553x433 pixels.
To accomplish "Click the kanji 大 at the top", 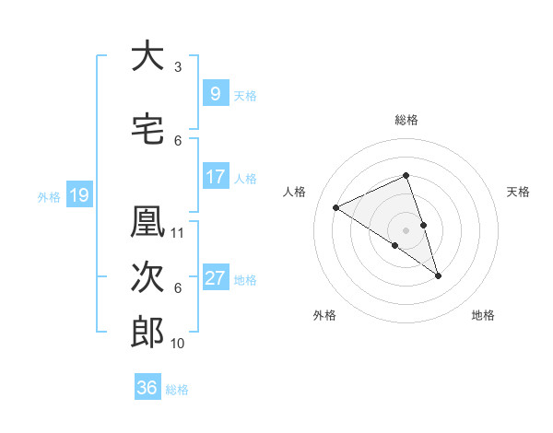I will [147, 56].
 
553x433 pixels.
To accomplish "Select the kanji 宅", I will [147, 128].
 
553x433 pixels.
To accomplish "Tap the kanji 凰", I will [147, 222].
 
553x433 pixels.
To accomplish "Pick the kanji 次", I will [147, 277].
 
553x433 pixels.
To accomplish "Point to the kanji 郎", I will [147, 332].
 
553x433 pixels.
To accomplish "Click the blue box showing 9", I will [215, 93].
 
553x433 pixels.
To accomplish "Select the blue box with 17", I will [215, 177].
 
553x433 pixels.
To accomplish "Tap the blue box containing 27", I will [215, 278].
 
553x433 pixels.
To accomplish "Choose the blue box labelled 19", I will [78, 195].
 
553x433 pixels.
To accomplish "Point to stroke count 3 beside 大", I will [178, 67].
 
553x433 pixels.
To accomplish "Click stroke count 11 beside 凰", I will [178, 232].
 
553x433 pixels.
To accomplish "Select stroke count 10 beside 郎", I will [178, 343].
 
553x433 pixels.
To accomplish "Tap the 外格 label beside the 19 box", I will [49, 196].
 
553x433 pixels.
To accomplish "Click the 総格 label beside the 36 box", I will [177, 389].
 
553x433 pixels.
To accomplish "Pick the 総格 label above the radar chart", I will [406, 120].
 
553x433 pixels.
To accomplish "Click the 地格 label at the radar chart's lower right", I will [483, 315].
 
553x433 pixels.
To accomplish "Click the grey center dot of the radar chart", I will [406, 229].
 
